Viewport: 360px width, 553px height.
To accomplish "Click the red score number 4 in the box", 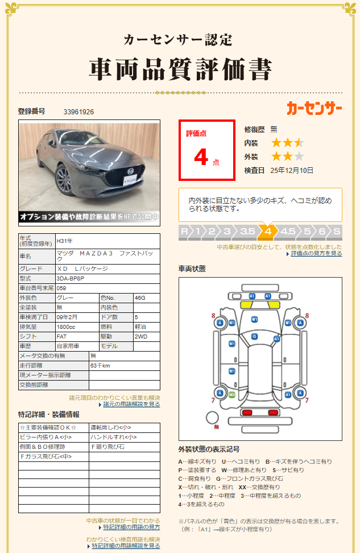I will point(201,157).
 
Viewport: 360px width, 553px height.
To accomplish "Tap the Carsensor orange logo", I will point(314,108).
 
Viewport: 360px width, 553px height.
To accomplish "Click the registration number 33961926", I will point(78,112).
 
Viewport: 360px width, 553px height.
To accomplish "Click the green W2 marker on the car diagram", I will point(232,394).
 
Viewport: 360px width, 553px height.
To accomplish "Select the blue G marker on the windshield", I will point(254,336).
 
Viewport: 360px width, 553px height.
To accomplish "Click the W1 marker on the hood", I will point(254,319).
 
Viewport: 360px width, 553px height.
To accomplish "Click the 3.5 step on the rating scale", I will point(247,232).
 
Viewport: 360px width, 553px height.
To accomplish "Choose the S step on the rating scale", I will point(337,232).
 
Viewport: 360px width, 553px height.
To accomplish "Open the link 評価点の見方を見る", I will point(316,254).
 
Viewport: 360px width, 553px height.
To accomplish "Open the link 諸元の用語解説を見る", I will point(131,405).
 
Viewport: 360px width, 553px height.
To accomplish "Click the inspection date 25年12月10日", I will point(292,170).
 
